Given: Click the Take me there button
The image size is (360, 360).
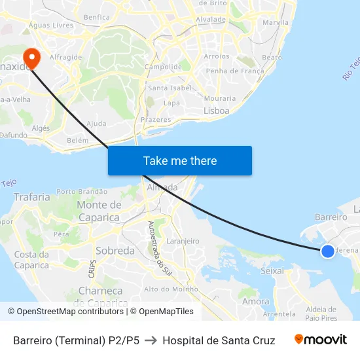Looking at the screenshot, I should tap(179, 160).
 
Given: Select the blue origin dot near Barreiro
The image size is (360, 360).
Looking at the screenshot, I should tap(328, 250).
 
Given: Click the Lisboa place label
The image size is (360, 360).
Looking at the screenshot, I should tap(217, 111).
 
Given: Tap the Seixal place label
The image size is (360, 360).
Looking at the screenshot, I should tap(272, 270).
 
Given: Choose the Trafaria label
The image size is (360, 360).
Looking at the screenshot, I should tap(31, 196).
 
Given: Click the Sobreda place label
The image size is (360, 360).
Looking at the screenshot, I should tap(115, 251).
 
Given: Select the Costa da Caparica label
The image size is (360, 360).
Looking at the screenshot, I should tap(31, 260).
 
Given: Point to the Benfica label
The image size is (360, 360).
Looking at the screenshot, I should tap(97, 17).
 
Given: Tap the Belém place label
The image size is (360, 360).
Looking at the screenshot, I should tap(77, 140).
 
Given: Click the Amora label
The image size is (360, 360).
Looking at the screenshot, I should tap(255, 301).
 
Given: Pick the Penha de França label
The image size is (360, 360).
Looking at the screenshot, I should tap(234, 71).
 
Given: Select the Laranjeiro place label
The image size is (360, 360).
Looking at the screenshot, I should tap(183, 241).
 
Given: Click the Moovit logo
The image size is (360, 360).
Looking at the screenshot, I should tap(320, 339).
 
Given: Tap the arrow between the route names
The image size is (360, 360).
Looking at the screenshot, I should tap(151, 340).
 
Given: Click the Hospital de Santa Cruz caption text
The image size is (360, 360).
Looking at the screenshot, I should tap(219, 340).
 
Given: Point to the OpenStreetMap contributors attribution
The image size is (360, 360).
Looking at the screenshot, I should tap(67, 312).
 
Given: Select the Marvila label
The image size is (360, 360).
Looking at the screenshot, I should tap(275, 22).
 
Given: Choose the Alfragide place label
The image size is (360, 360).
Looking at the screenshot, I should tap(66, 57).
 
